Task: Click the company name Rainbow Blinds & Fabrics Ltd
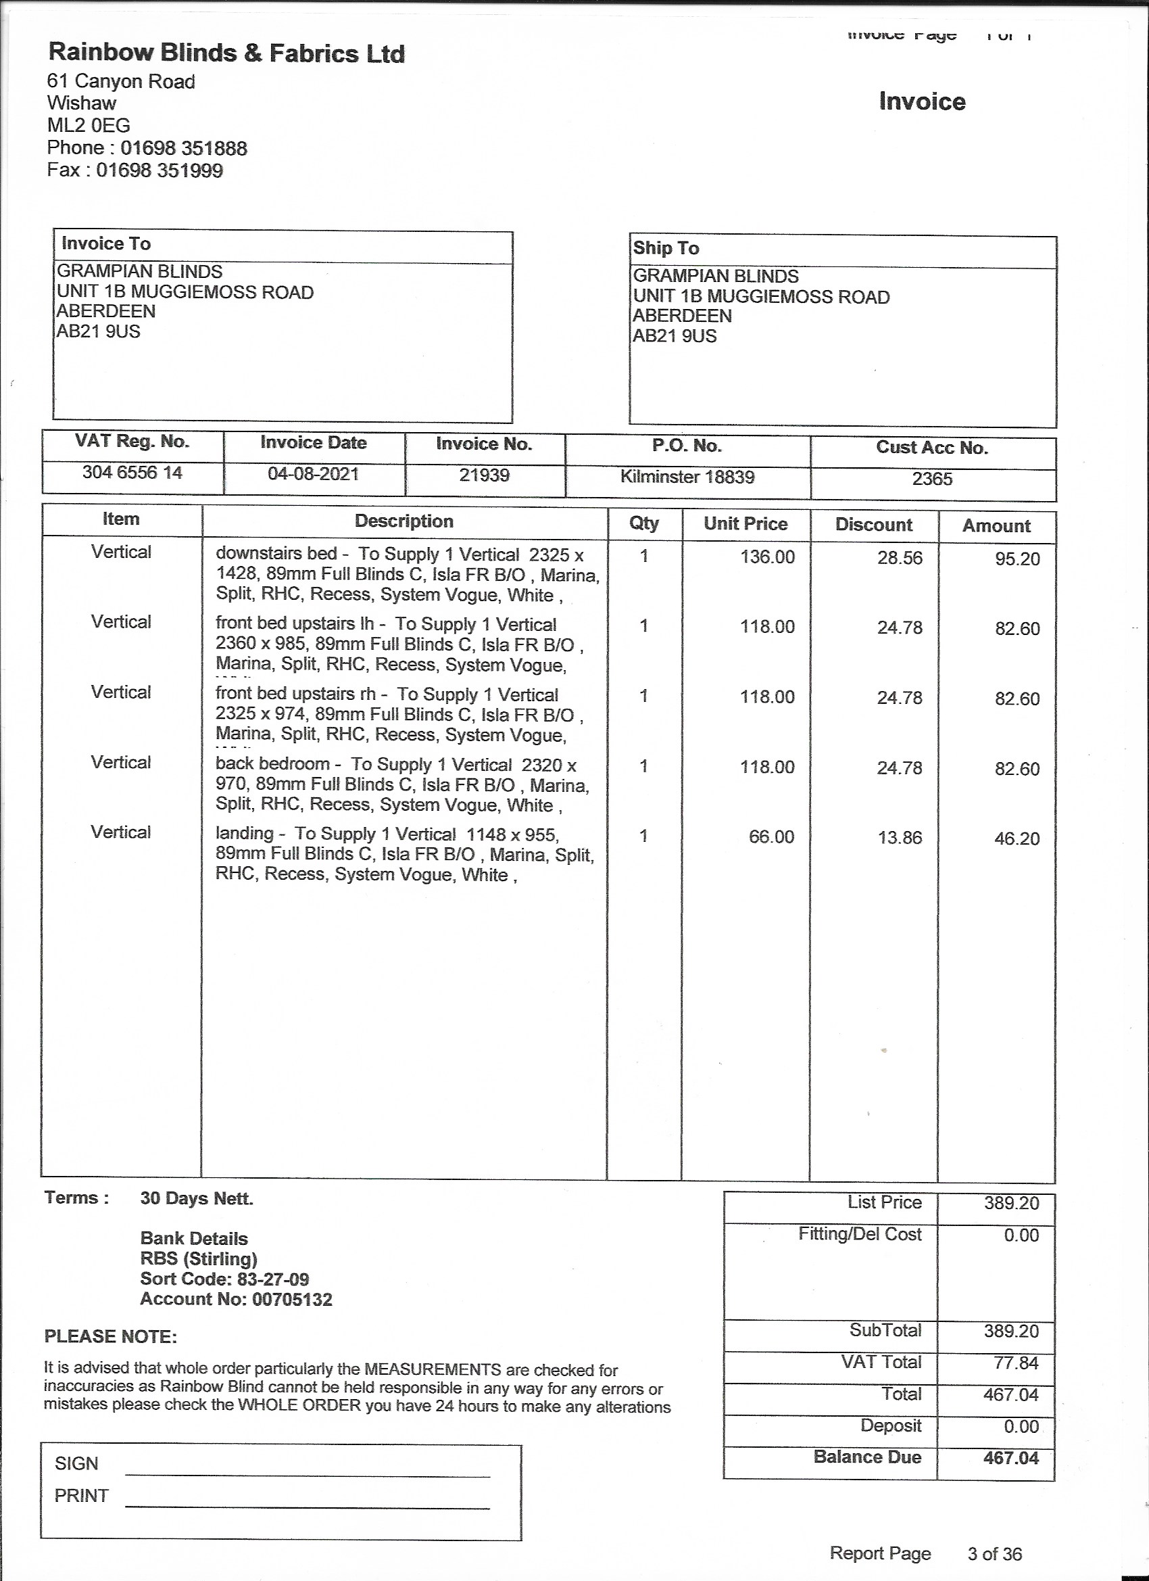coord(226,53)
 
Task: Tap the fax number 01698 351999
coord(160,171)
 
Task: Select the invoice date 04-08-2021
coord(313,475)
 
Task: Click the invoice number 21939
coord(484,476)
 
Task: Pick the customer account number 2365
coord(932,479)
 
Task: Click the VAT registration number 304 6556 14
coord(132,473)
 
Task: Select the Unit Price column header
coord(745,524)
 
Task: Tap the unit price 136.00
coord(767,557)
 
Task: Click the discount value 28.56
coord(900,559)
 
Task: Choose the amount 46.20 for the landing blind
coord(1017,839)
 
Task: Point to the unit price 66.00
coord(771,837)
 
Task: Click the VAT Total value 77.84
coord(1016,1363)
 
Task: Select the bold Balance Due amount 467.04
coord(1011,1458)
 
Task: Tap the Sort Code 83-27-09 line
coord(224,1279)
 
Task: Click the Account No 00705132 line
coord(236,1300)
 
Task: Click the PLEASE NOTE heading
coord(111,1337)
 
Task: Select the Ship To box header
coord(666,249)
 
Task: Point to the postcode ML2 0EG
coord(89,126)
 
